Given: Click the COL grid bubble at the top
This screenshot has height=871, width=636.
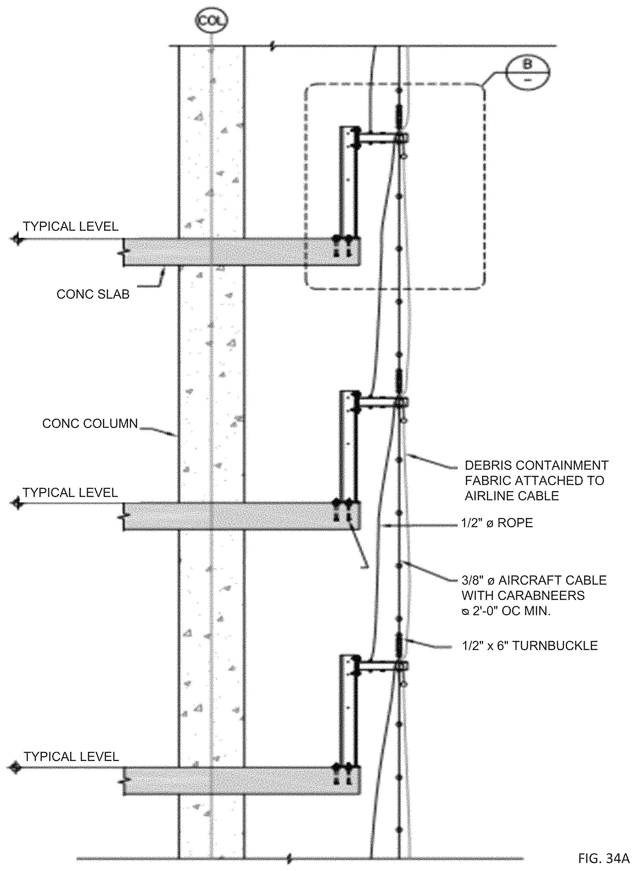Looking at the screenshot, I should click(x=211, y=21).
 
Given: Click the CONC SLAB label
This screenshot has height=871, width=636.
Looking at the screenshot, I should click(x=93, y=294).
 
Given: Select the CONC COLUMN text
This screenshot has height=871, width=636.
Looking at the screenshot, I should click(x=90, y=424).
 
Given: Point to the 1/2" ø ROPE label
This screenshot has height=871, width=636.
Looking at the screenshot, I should click(x=497, y=523).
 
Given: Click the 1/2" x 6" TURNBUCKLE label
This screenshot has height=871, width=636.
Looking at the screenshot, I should click(x=530, y=645).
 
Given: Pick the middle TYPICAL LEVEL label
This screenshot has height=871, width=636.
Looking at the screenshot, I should click(x=70, y=493).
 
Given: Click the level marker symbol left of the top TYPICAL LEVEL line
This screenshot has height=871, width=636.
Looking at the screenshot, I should click(x=16, y=239).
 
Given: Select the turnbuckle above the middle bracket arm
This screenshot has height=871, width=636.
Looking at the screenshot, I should click(x=399, y=380).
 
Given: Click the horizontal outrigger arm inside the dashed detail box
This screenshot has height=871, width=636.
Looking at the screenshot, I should click(x=379, y=137).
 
